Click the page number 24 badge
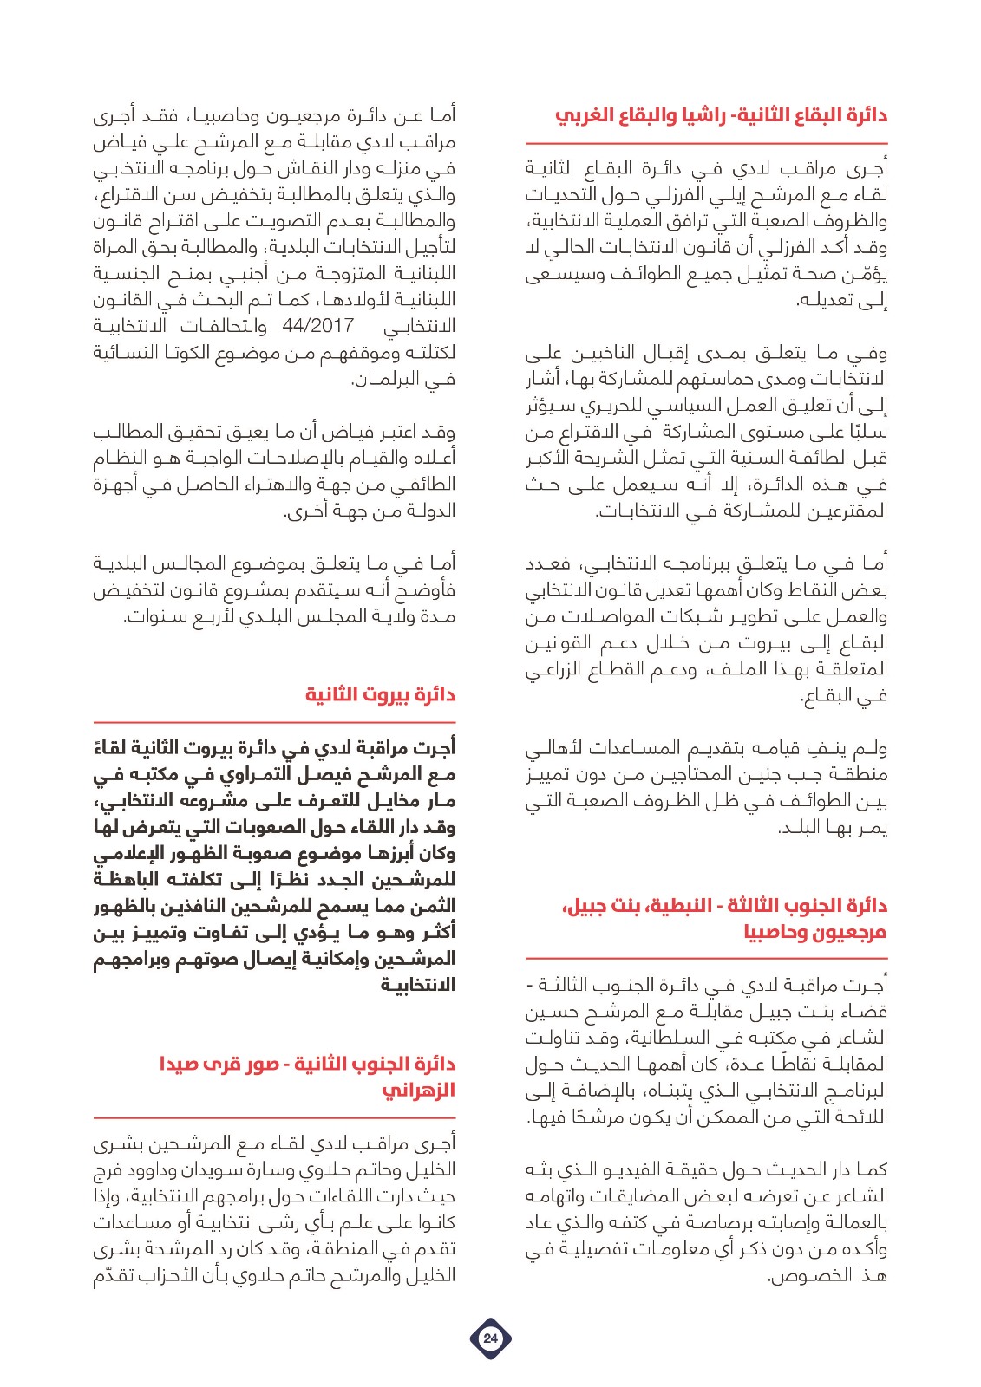coord(490,1338)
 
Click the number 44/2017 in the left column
coord(318,326)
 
